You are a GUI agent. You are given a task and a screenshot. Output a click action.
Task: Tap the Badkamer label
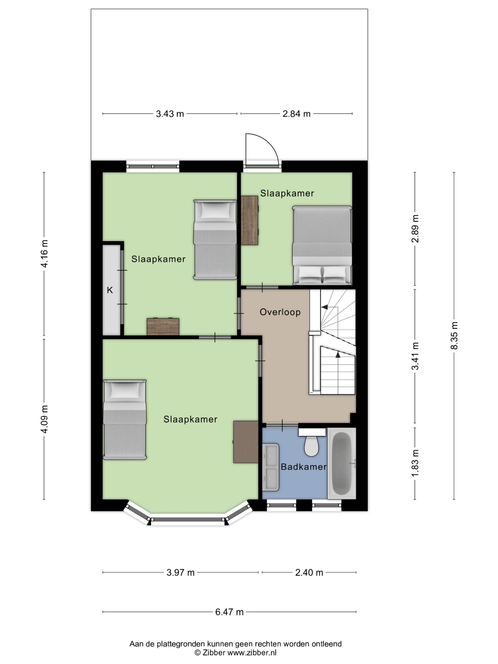303,467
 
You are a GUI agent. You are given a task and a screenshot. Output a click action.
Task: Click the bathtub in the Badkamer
342,463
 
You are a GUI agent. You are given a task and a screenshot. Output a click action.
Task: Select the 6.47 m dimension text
229,612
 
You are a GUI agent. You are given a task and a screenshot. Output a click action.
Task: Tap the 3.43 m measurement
170,114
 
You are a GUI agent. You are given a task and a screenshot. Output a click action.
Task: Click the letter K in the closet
110,290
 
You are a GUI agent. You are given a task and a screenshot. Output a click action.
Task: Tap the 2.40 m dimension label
309,573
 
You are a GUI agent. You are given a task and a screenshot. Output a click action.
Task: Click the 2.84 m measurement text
296,114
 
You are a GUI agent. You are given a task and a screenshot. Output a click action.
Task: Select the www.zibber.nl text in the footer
252,652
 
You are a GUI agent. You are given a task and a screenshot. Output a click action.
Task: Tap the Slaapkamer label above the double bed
287,193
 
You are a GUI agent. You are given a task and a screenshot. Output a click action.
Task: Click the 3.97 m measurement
181,573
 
